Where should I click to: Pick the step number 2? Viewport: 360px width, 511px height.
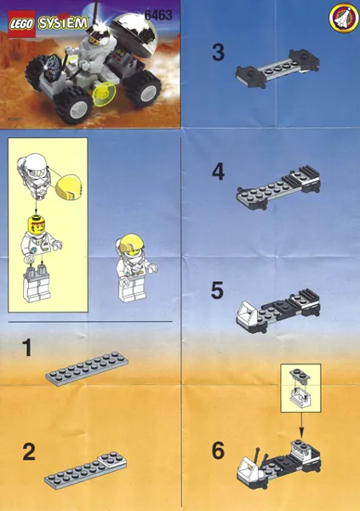[x=29, y=452]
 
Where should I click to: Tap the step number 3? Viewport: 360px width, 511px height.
[x=219, y=53]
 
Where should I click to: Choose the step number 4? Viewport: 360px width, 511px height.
[x=219, y=173]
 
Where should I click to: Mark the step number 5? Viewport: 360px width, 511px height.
[x=218, y=291]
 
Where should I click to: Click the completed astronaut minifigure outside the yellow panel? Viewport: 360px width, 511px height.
[x=134, y=267]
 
